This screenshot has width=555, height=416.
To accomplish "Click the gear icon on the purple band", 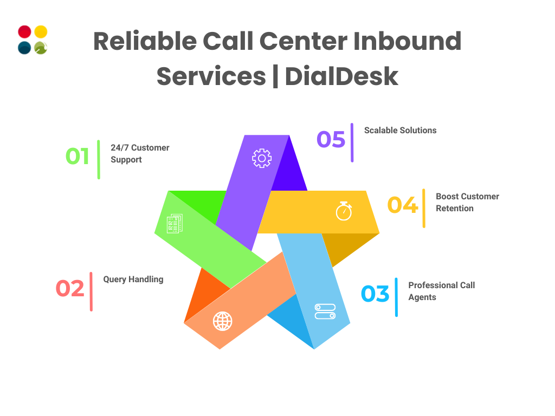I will (x=262, y=158).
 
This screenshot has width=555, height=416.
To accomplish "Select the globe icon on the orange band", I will (x=222, y=321).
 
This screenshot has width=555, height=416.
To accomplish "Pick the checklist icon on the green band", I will (x=175, y=224).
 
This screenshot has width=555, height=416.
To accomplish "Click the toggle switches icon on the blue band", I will (x=325, y=311).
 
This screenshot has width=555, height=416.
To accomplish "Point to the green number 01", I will (x=78, y=156).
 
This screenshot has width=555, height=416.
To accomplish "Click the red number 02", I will (x=70, y=288).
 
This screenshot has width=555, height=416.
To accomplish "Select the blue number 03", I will (x=375, y=294).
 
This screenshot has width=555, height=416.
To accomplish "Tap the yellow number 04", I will (x=403, y=205).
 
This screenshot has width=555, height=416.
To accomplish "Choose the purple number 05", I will (x=331, y=139).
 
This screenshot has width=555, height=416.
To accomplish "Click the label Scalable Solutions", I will (x=400, y=130).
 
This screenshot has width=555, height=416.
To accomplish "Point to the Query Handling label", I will (x=133, y=279).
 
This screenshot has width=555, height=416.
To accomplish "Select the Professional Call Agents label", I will (x=441, y=291).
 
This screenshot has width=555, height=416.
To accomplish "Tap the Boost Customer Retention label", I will (x=467, y=202).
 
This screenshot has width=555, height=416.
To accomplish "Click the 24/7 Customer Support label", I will (x=140, y=153).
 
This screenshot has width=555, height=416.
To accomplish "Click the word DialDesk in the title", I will (x=341, y=76).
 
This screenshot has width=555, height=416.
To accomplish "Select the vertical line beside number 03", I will (x=396, y=297).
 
